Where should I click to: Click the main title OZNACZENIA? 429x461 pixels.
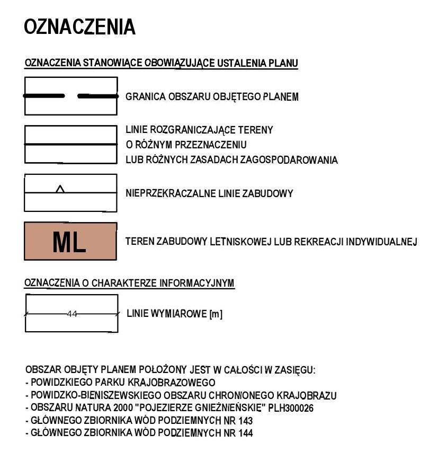click(x=80, y=27)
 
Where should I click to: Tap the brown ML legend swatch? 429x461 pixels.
click(x=70, y=241)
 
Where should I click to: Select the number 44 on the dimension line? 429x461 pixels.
click(x=72, y=314)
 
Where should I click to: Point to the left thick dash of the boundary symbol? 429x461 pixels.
click(x=44, y=96)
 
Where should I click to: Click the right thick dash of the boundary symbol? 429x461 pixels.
click(x=97, y=96)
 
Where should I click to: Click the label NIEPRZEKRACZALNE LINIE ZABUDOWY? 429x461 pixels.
click(x=209, y=194)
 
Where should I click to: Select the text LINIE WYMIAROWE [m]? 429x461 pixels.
click(x=174, y=314)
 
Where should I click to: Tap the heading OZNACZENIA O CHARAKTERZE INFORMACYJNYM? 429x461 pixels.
click(x=130, y=283)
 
